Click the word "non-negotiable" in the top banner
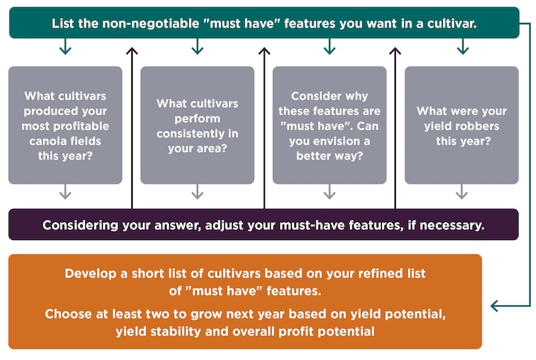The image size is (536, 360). click(151, 23)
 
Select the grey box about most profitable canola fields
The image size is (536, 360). click(65, 125)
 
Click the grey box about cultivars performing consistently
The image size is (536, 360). click(197, 125)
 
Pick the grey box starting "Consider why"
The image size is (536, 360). click(330, 125)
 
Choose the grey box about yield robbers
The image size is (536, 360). click(462, 125)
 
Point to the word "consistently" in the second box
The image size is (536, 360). click(189, 133)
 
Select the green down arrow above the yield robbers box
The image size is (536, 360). click(462, 46)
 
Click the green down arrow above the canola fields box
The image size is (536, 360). click(65, 46)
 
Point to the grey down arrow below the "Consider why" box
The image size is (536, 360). click(330, 192)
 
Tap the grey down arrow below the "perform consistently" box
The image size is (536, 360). click(197, 192)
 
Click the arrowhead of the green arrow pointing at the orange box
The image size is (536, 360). click(494, 306)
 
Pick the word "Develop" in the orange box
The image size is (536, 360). click(90, 274)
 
